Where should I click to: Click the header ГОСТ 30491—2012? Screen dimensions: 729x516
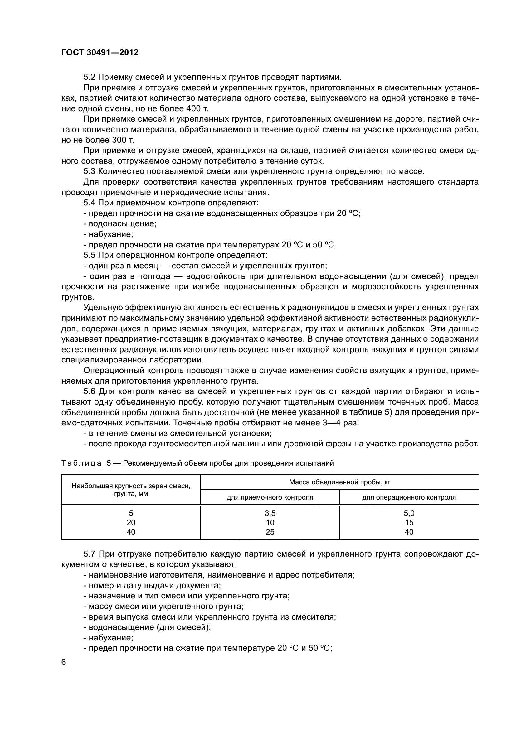pos(100,52)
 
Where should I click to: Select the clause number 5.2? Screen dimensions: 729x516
pos(90,77)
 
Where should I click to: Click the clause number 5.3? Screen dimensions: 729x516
pos(90,171)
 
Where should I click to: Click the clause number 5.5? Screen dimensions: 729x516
pos(90,255)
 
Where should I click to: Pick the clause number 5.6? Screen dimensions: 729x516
pos(90,391)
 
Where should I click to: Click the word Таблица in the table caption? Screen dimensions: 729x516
pos(81,463)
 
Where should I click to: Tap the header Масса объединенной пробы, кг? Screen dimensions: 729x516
pos(339,482)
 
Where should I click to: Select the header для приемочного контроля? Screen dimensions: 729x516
pos(270,497)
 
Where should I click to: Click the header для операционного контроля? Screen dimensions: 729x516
pos(409,497)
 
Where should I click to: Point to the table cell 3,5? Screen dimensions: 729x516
pos(270,513)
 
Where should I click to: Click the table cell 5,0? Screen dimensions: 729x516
pos(409,513)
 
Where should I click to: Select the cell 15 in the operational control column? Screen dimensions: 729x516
pos(409,523)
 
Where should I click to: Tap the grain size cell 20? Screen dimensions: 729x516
pos(131,523)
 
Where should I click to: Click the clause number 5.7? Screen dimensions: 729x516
pos(90,554)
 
